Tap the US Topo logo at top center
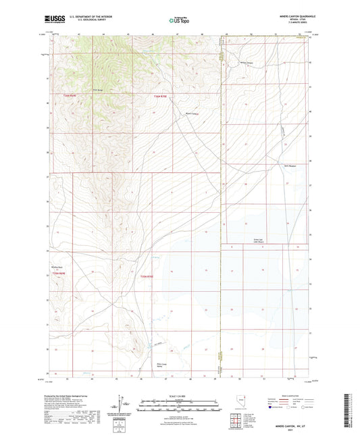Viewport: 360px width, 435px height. coord(178,21)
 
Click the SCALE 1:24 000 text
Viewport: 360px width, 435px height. coord(180,395)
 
